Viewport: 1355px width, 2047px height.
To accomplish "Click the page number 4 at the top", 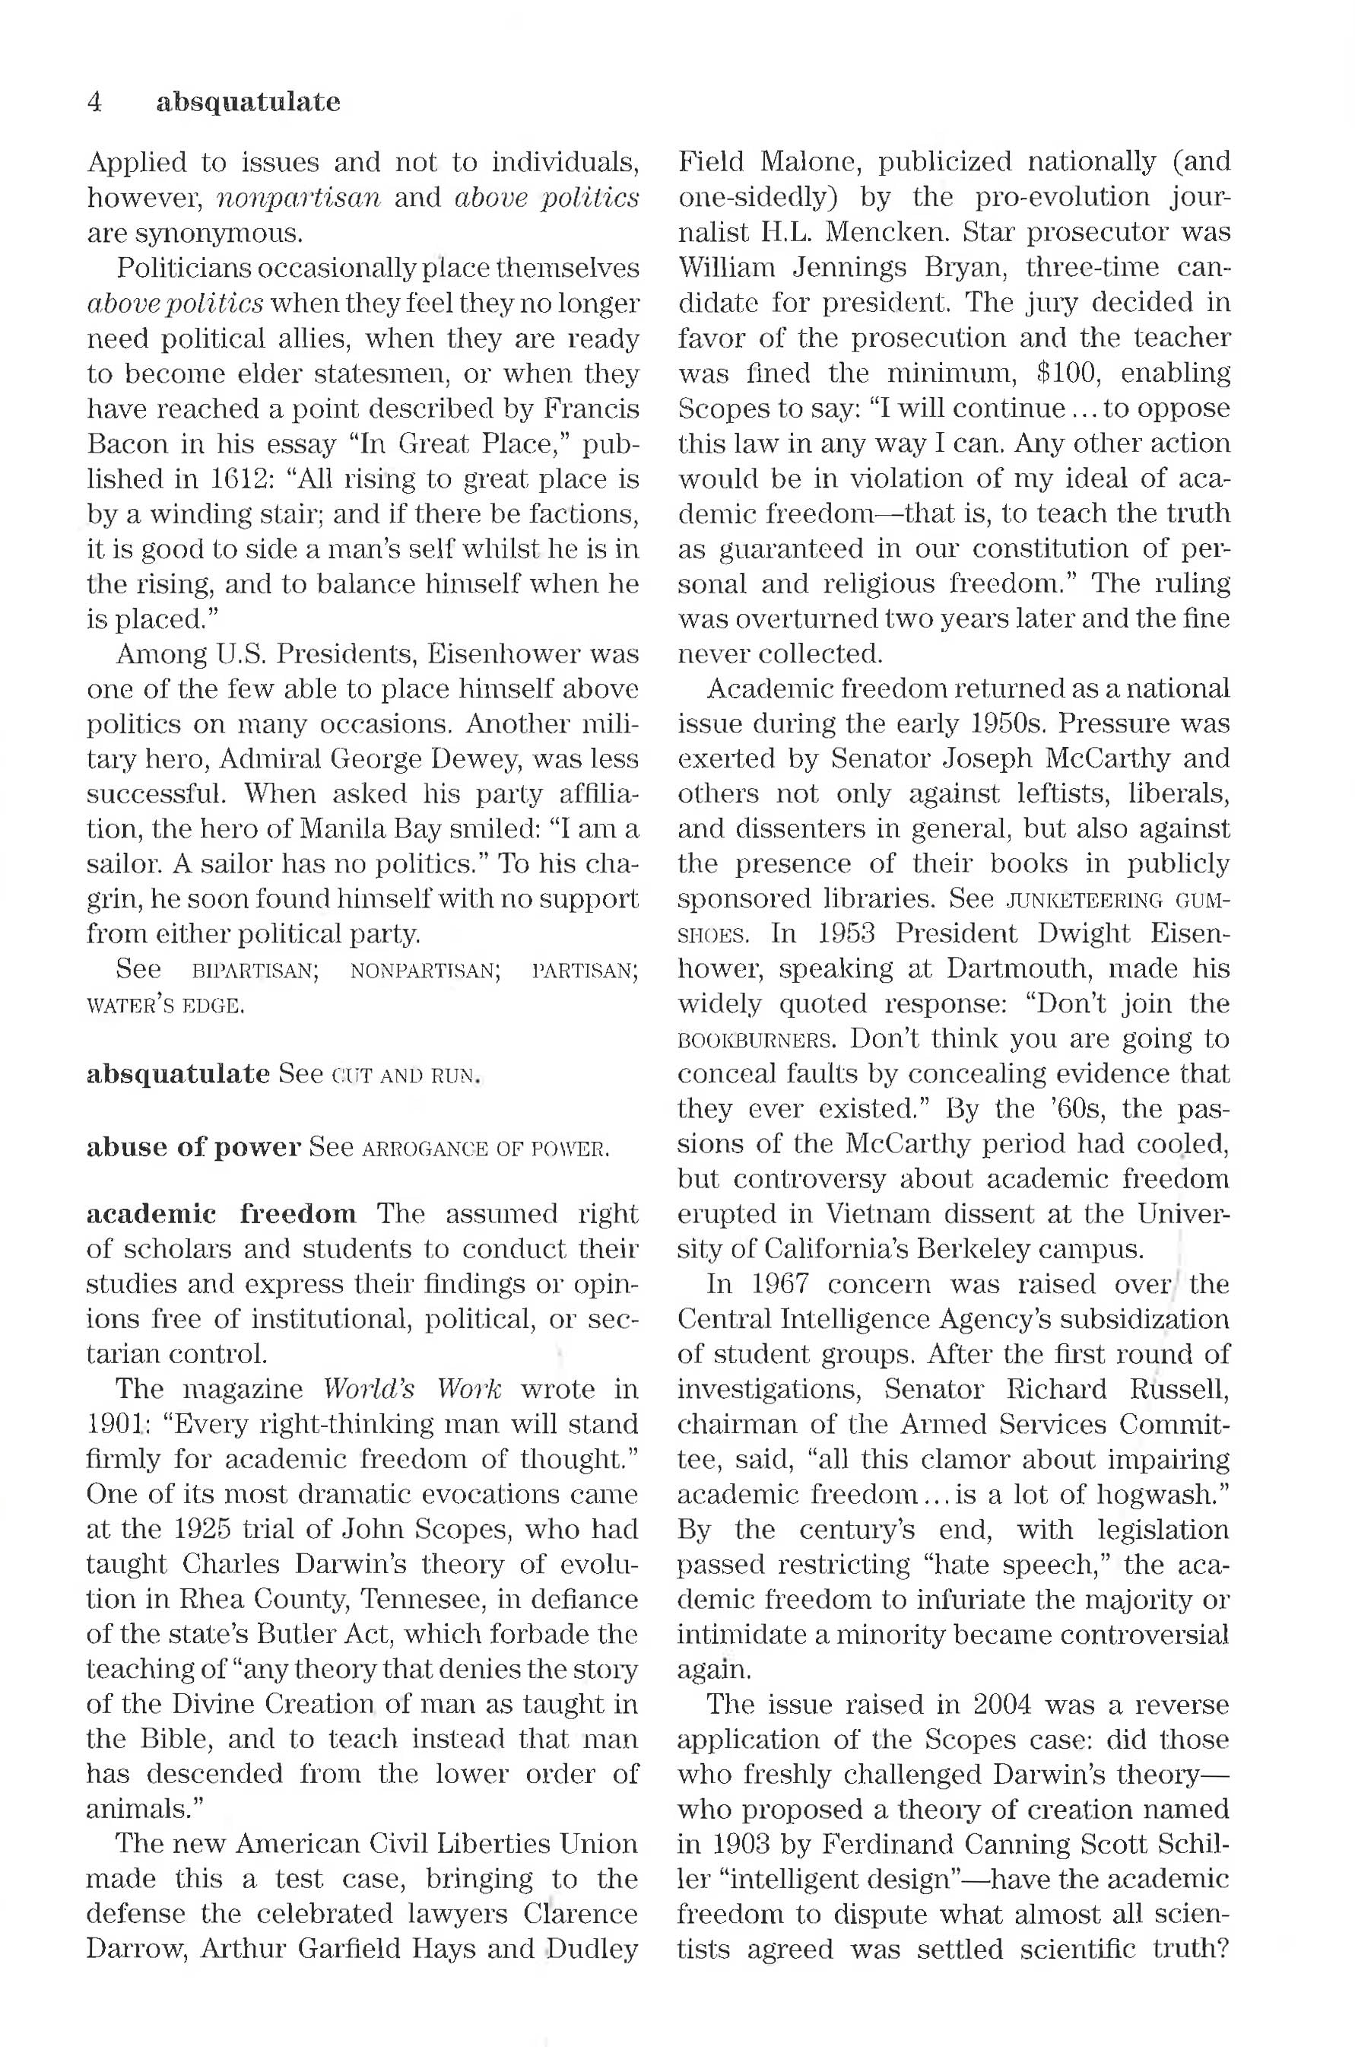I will click(95, 102).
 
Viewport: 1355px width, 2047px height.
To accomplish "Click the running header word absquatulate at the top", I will click(248, 102).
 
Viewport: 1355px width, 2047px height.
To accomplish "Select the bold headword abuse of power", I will click(194, 1147).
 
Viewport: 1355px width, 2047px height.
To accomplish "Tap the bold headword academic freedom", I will click(221, 1214).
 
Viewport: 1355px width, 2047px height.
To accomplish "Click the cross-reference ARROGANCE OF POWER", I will click(487, 1149).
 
